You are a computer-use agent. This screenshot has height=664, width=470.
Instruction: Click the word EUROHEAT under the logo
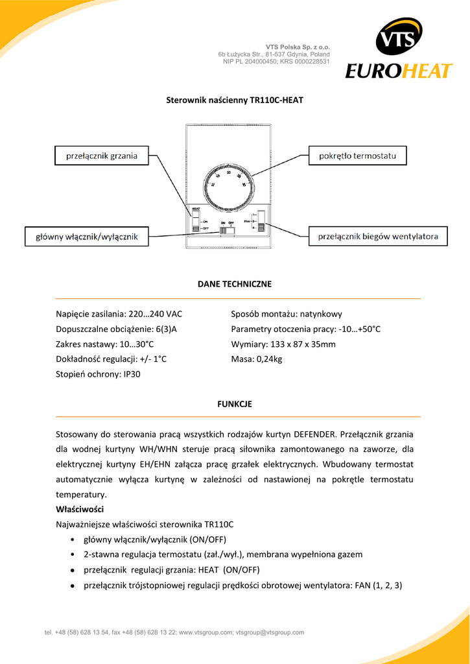point(398,70)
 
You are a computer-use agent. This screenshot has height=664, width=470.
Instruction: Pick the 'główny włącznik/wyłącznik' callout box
point(86,237)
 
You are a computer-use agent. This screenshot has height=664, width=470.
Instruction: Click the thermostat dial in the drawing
point(229,185)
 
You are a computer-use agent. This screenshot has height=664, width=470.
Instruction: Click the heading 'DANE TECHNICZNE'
point(235,284)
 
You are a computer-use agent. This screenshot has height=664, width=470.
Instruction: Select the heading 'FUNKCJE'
point(235,404)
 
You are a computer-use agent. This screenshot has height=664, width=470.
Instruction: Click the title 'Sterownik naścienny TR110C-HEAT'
point(235,101)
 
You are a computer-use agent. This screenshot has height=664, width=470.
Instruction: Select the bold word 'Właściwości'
point(80,509)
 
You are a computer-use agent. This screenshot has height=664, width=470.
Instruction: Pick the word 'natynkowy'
point(321,314)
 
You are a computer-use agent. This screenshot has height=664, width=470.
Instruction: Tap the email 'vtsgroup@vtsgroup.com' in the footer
point(270,632)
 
